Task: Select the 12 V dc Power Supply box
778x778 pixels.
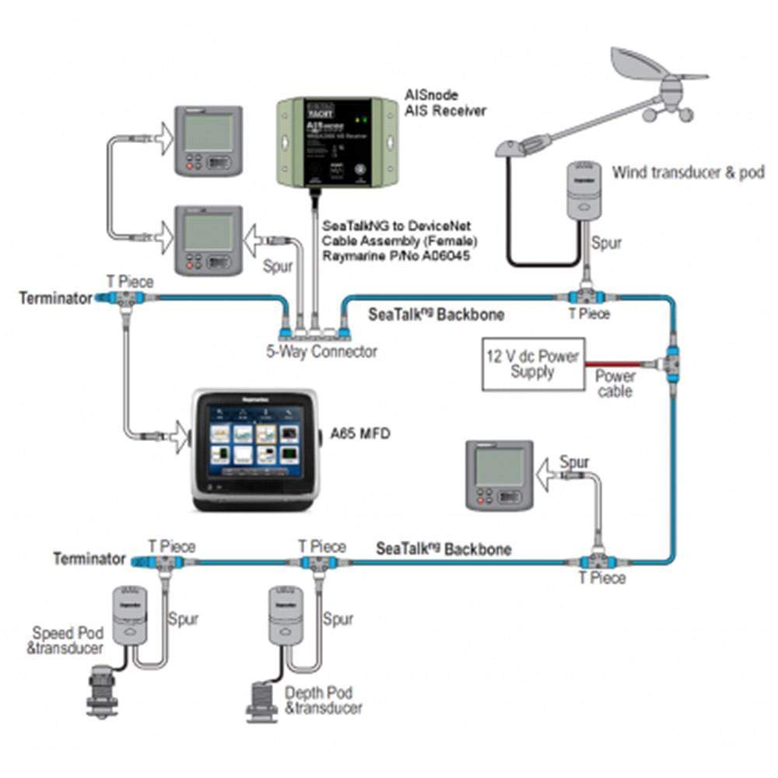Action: pyautogui.click(x=533, y=364)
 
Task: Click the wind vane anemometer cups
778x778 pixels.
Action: pyautogui.click(x=667, y=113)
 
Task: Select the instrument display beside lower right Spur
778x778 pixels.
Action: pyautogui.click(x=499, y=475)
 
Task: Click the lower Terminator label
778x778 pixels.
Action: pyautogui.click(x=89, y=559)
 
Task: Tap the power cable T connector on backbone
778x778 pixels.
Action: pyautogui.click(x=671, y=363)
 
